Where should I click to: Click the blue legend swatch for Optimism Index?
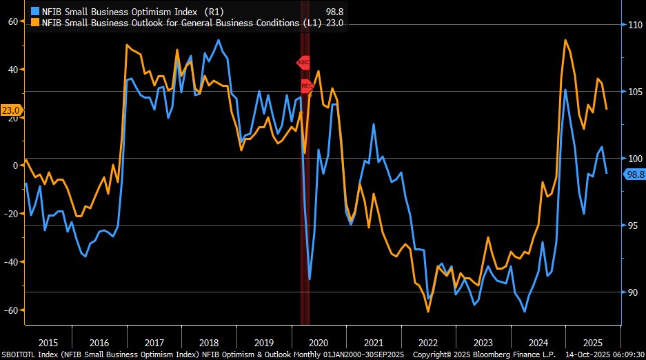click(35, 12)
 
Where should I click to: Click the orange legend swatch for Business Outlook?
click(35, 23)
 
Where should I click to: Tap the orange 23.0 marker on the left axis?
click(11, 110)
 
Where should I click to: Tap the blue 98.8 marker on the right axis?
click(634, 174)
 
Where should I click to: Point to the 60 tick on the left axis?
click(12, 21)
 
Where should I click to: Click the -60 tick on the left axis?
click(10, 310)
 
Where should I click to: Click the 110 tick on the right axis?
click(634, 25)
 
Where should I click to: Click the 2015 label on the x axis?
click(48, 343)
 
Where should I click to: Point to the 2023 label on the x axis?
click(483, 343)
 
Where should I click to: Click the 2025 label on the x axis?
click(592, 343)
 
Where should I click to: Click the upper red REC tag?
click(303, 62)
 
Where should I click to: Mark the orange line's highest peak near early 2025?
click(565, 40)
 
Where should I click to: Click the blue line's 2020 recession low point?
click(310, 279)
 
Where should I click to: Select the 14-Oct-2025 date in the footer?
click(586, 354)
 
